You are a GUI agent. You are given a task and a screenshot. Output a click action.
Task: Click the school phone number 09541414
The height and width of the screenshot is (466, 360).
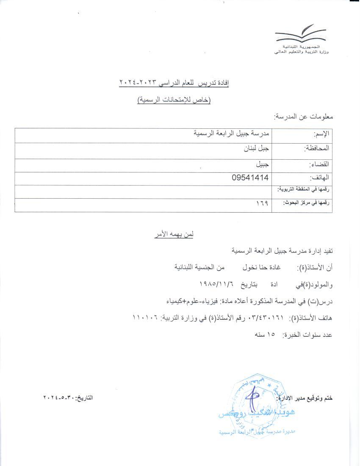(250, 178)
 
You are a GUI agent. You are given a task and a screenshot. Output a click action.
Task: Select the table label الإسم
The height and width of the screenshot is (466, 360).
(322, 134)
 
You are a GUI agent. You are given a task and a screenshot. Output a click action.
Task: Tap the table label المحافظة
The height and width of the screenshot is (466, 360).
(317, 149)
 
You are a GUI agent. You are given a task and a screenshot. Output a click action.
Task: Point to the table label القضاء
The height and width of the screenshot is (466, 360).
(320, 164)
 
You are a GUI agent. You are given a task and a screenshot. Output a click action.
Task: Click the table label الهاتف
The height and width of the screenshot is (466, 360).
(320, 178)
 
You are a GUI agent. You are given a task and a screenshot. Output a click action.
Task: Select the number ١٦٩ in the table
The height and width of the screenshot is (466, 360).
(262, 204)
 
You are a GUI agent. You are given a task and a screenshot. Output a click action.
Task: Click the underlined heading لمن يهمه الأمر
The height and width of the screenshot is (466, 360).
(174, 234)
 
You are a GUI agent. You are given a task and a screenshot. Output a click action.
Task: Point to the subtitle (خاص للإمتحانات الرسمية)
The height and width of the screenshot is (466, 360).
(174, 100)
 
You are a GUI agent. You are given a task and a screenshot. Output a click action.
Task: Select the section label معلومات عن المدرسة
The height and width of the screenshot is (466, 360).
(303, 116)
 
